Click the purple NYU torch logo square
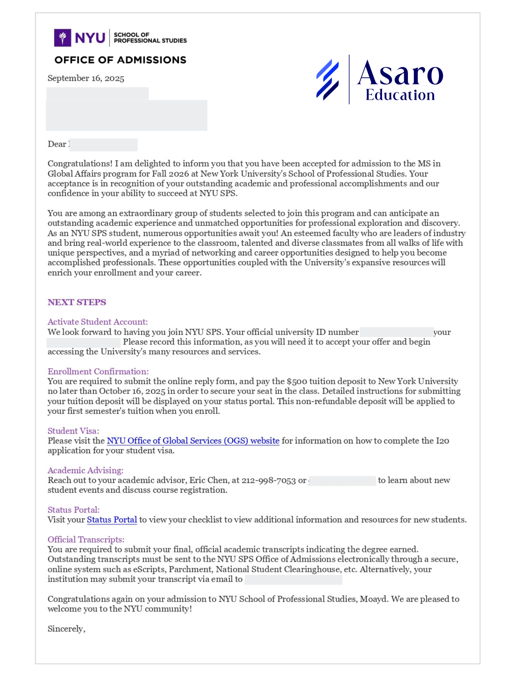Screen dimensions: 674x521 coord(62,37)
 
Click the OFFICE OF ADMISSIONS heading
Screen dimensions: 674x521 coord(120,60)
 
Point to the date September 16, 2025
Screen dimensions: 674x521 coord(86,78)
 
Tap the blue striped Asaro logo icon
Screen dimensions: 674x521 coord(327,80)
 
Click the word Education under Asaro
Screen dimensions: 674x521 coord(400,95)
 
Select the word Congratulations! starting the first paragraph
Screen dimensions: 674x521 coord(80,163)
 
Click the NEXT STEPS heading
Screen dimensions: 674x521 coord(77,302)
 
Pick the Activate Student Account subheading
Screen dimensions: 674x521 coord(97,322)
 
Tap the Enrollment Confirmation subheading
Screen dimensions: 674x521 coord(98,371)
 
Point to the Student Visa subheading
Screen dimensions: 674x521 coord(73,431)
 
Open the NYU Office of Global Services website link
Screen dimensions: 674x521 coord(193,441)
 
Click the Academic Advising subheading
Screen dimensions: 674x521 coord(85,470)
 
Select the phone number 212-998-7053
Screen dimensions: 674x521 coord(268,480)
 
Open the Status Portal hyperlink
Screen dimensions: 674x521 coord(112,520)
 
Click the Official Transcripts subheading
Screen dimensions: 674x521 coord(86,540)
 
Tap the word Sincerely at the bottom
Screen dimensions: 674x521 coord(66,629)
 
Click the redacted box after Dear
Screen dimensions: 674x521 coord(104,145)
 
